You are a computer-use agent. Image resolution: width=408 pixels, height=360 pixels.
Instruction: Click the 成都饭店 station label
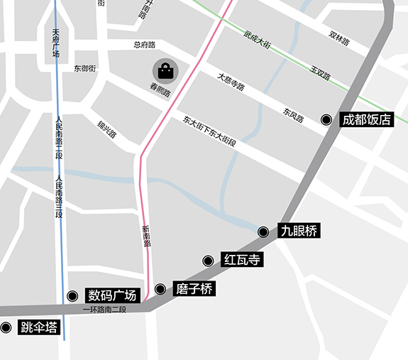point(366,120)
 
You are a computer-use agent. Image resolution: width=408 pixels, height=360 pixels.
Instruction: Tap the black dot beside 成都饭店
point(326,120)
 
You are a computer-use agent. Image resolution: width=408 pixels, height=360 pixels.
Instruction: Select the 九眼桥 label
point(299,231)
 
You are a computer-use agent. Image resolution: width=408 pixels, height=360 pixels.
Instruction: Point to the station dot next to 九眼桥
point(263,231)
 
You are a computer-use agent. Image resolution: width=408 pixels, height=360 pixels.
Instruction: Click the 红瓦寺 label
point(242,261)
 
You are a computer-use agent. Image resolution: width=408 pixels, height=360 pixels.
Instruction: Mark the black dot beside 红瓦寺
point(208,261)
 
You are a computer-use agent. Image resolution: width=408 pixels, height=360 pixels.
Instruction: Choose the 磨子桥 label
point(194,289)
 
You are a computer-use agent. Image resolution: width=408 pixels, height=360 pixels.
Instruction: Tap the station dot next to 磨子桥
point(160,289)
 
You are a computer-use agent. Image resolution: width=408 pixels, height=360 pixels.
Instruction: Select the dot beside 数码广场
point(72,296)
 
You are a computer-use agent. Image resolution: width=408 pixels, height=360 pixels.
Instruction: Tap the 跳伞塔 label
point(38,327)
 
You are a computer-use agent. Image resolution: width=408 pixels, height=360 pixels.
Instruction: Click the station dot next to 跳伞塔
point(6,327)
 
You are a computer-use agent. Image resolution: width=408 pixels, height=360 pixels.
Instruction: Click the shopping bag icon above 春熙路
point(165,71)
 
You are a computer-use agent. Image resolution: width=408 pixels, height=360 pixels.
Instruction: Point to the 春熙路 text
point(160,91)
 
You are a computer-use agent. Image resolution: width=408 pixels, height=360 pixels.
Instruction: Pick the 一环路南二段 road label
point(104,310)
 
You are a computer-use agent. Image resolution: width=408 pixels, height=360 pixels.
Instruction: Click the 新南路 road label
point(147,235)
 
